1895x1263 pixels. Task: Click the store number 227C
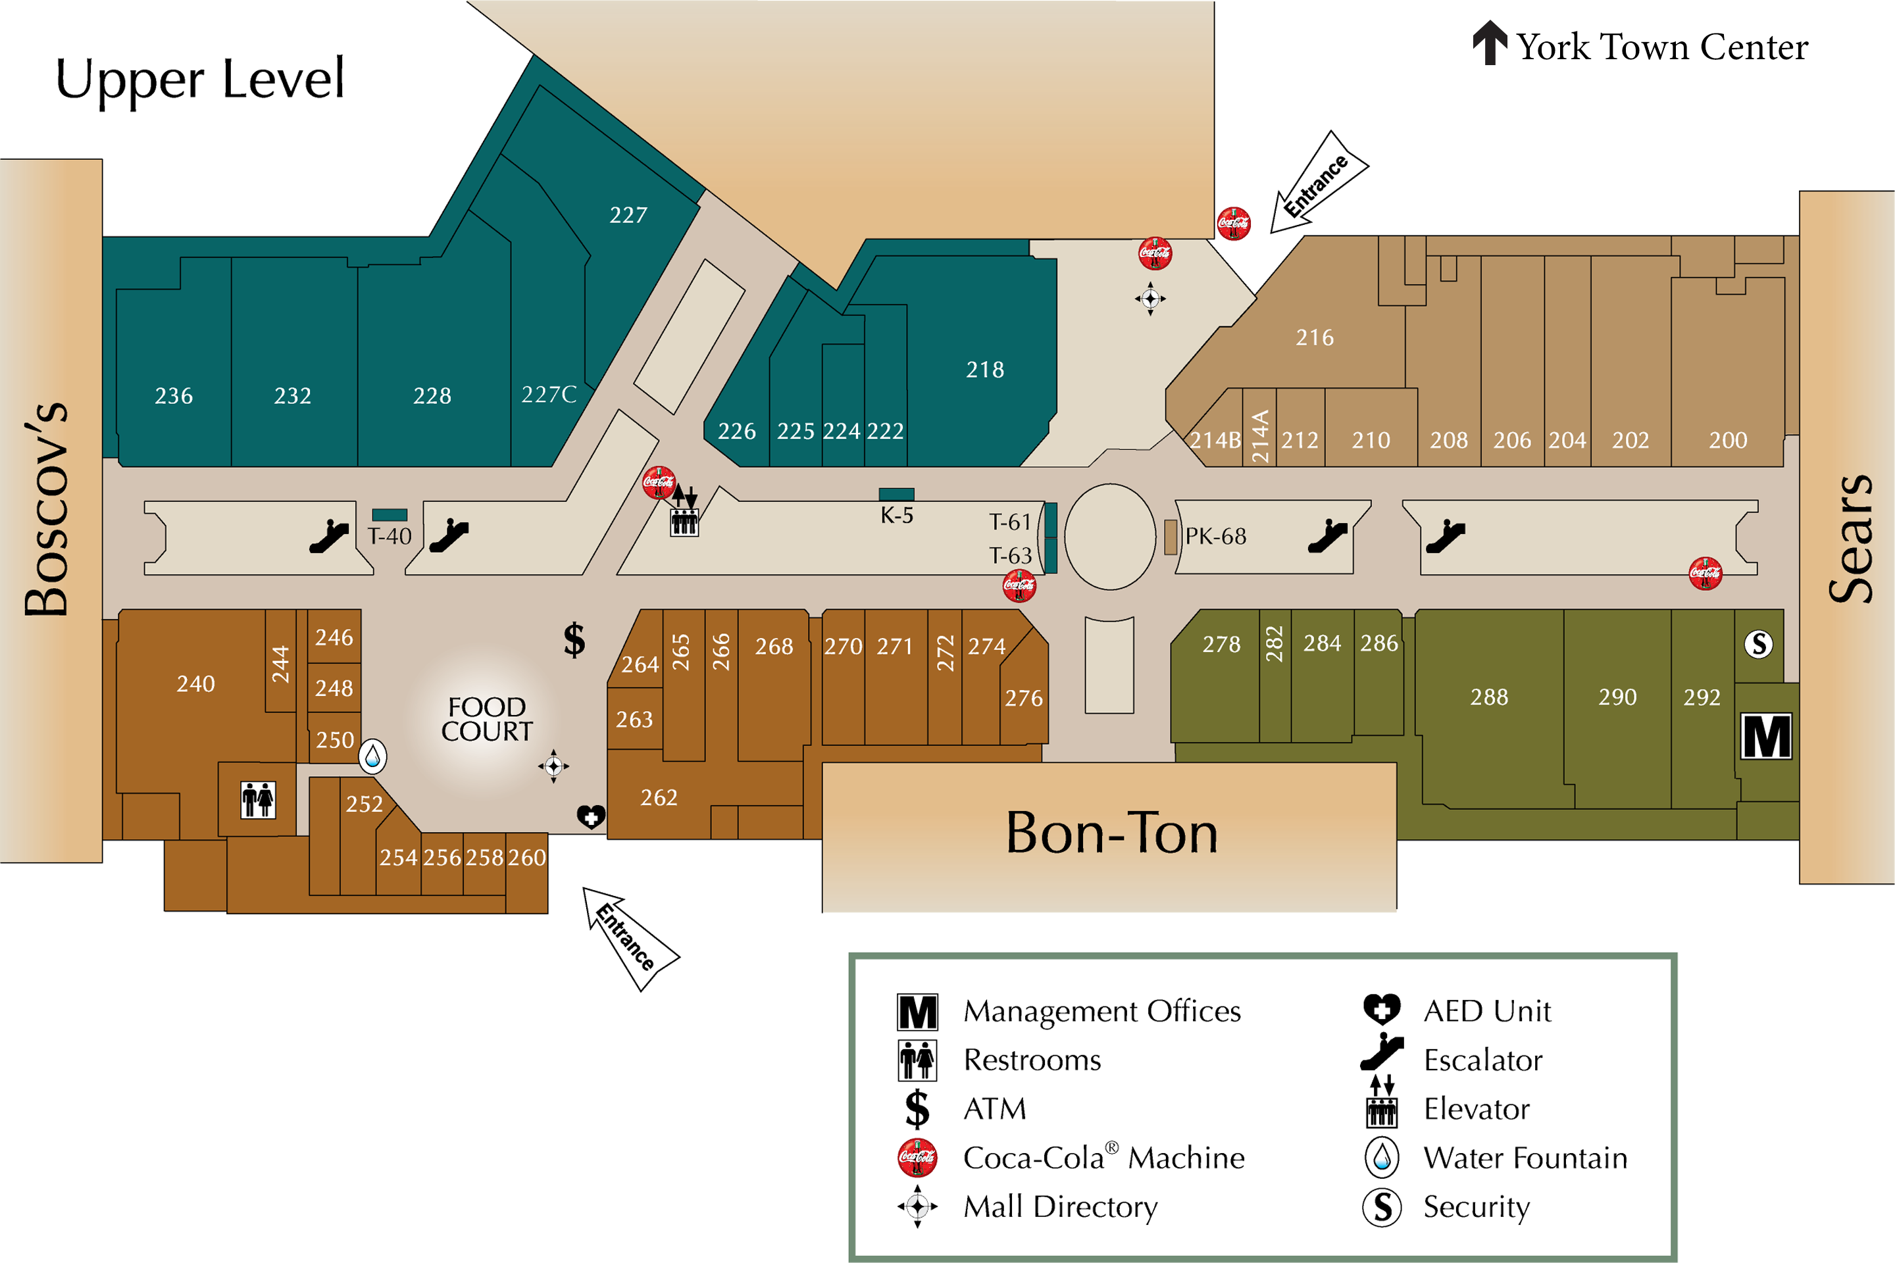tap(549, 395)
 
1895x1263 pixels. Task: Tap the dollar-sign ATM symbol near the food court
tap(574, 640)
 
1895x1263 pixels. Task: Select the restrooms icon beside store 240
tap(259, 800)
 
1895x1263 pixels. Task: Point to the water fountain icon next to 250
tap(372, 756)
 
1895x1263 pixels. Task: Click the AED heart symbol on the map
tap(592, 817)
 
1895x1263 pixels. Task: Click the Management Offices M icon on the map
tap(1766, 736)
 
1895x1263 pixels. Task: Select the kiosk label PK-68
tap(1215, 537)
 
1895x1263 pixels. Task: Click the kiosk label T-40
tap(390, 537)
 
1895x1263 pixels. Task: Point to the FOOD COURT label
tap(487, 719)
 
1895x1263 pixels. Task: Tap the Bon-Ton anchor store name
tap(1112, 833)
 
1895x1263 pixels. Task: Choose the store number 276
tap(1023, 699)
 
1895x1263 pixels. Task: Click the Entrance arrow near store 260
tap(628, 937)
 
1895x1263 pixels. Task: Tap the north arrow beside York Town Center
tap(1490, 43)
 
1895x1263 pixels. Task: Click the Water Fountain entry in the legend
tap(1525, 1158)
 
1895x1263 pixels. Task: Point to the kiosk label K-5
tap(896, 516)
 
